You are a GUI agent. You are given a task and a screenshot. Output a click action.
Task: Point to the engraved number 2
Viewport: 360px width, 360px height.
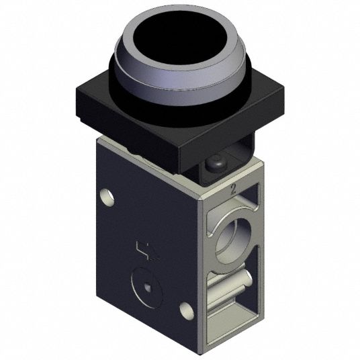point(233,189)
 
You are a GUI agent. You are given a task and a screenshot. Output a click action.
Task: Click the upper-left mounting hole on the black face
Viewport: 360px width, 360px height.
point(107,197)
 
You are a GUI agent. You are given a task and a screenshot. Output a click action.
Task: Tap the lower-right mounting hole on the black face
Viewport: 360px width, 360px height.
point(187,310)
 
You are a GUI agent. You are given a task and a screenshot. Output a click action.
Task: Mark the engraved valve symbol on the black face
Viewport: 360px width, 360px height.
point(147,251)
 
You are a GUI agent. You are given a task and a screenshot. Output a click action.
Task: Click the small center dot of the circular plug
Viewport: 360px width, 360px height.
point(147,287)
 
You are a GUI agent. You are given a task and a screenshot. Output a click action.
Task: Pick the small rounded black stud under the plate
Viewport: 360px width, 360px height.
point(216,162)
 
